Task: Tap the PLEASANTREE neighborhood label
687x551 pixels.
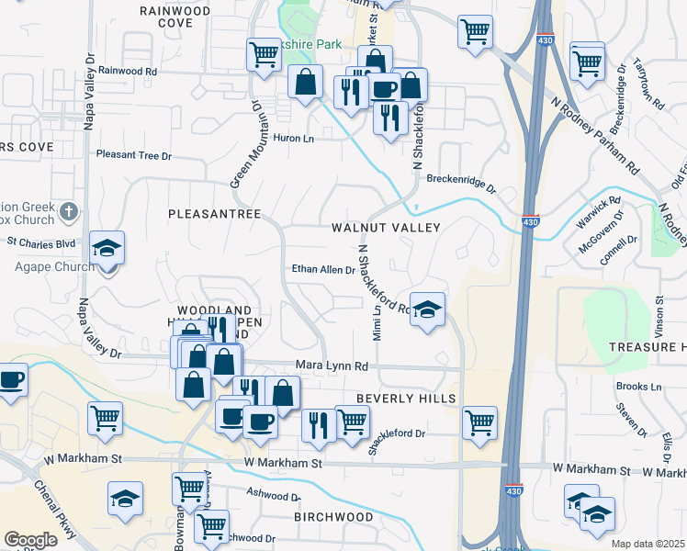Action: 215,214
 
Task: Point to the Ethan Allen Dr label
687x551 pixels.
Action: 323,270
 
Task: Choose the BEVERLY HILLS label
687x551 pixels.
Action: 406,399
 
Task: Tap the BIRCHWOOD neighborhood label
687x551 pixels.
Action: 333,517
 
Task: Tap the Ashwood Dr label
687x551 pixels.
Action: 274,493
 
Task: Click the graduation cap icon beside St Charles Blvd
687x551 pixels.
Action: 107,248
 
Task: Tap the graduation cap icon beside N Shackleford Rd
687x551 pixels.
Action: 427,309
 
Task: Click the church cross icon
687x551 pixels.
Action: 68,213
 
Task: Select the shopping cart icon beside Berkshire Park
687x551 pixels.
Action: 264,55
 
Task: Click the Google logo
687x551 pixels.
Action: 30,540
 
